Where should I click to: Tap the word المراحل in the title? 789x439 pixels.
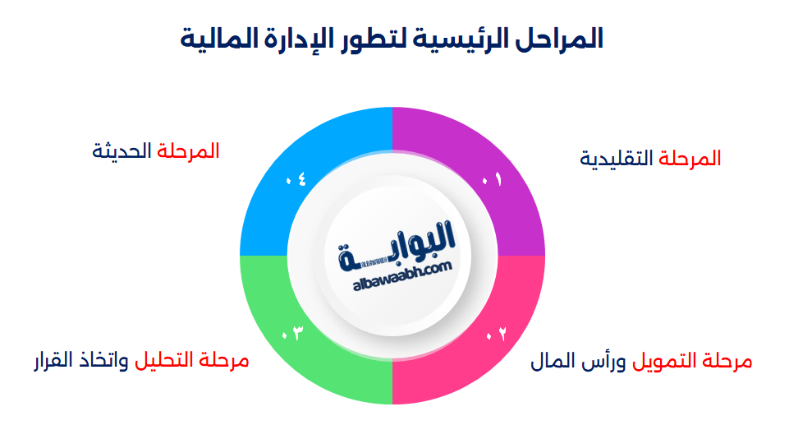pyautogui.click(x=561, y=39)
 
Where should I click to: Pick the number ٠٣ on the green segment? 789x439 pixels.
pyautogui.click(x=292, y=333)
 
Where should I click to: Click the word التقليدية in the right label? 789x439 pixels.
pyautogui.click(x=617, y=159)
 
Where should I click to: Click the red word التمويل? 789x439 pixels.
pyautogui.click(x=663, y=361)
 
